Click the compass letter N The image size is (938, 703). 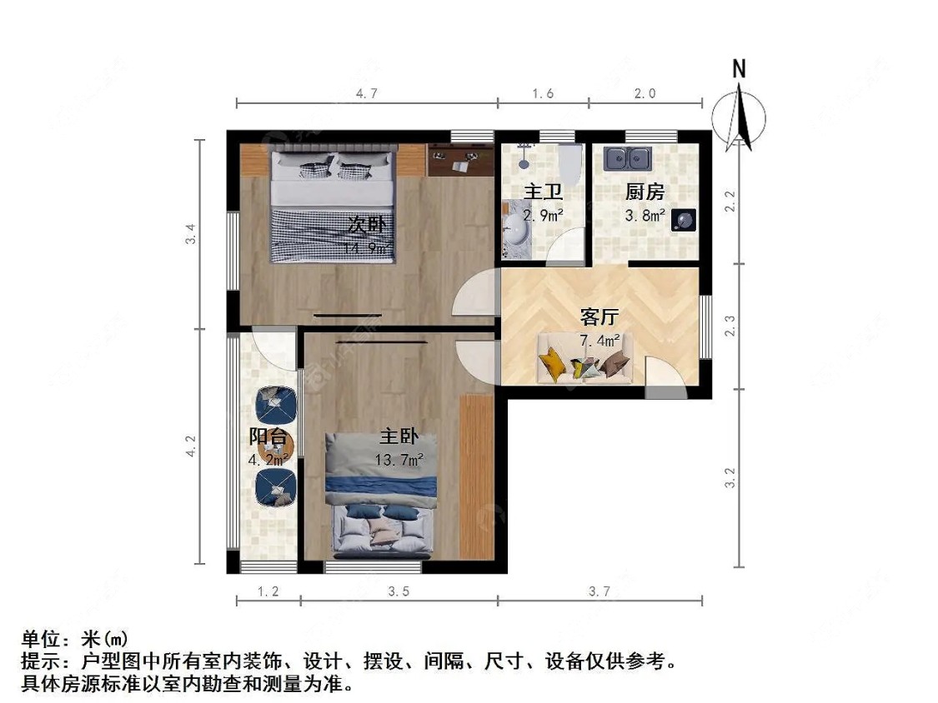(x=739, y=69)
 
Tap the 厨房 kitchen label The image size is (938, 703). (x=645, y=192)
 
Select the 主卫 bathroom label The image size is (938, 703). (x=542, y=192)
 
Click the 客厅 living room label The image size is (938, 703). (x=599, y=317)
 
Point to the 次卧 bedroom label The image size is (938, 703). (x=366, y=225)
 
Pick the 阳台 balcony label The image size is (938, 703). (x=268, y=436)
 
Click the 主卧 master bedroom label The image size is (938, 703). (x=399, y=436)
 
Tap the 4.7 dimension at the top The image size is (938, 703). (x=367, y=94)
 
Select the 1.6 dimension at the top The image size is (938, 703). (x=543, y=94)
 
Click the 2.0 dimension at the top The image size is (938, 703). (x=645, y=94)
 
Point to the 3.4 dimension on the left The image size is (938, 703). (x=191, y=234)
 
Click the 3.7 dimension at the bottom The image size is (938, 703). (x=599, y=592)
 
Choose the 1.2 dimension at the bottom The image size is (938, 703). (x=268, y=592)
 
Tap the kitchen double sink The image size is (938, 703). (x=629, y=156)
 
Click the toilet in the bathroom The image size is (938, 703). (x=570, y=162)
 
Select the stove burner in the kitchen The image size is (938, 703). (x=685, y=219)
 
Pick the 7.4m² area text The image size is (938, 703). (x=599, y=340)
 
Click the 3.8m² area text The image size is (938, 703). (x=645, y=216)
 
